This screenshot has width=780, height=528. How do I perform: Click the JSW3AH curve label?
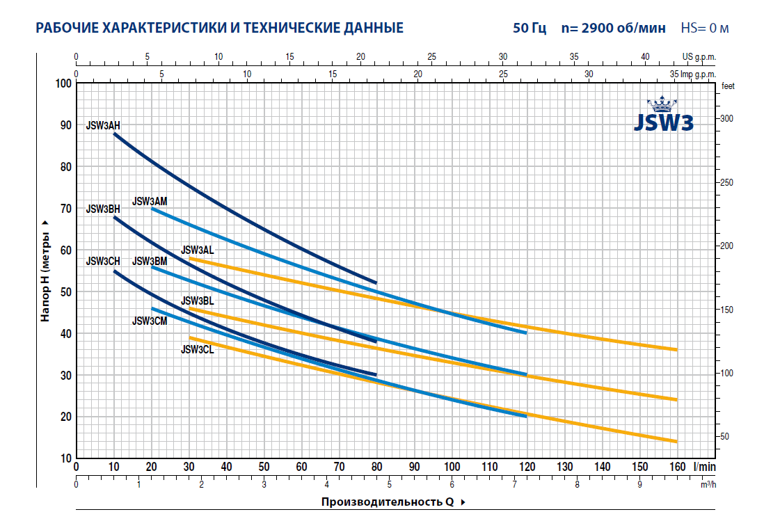[x=103, y=126]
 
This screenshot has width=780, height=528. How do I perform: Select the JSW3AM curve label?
[x=150, y=201]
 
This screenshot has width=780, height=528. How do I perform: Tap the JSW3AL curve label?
[x=197, y=250]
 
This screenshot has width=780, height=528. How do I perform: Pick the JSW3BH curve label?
[x=103, y=209]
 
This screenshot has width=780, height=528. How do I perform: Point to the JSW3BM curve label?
[x=150, y=261]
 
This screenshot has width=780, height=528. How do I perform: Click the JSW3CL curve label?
[x=197, y=350]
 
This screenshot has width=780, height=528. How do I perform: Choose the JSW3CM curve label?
[x=150, y=321]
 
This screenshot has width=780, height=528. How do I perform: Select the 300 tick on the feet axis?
[x=727, y=119]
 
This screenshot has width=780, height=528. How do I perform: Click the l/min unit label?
[x=703, y=466]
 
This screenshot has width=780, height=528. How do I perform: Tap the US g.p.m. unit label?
[x=698, y=57]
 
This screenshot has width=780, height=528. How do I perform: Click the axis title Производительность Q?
[x=387, y=502]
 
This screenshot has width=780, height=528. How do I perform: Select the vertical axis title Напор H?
[x=45, y=271]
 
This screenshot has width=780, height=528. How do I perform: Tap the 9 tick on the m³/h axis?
[x=639, y=484]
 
